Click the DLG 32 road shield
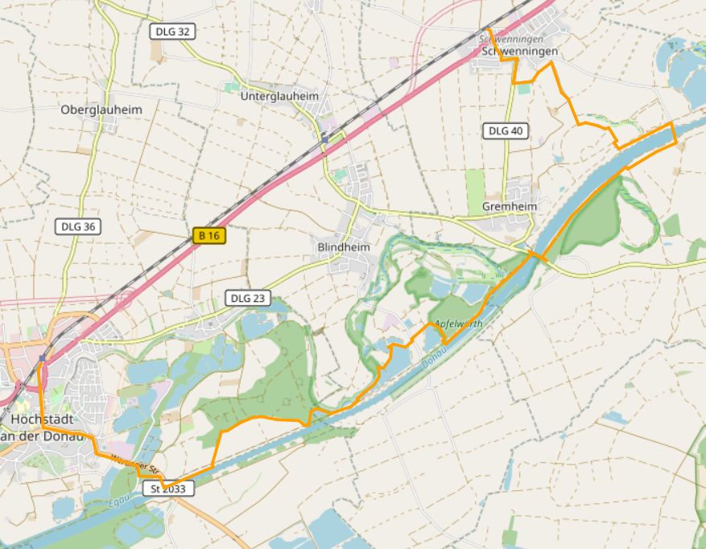(x=173, y=31)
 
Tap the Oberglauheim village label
(x=101, y=109)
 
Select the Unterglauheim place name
(x=279, y=96)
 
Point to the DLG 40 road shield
(x=506, y=130)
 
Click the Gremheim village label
(x=509, y=207)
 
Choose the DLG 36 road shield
(x=78, y=227)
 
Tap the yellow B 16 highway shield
(x=209, y=236)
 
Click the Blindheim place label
(x=344, y=247)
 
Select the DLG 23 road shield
(x=246, y=298)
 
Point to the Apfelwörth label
(x=459, y=324)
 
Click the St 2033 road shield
(x=168, y=489)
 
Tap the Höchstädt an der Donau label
(x=46, y=427)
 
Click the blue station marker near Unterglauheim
(x=324, y=138)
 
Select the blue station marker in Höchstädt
(x=43, y=357)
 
